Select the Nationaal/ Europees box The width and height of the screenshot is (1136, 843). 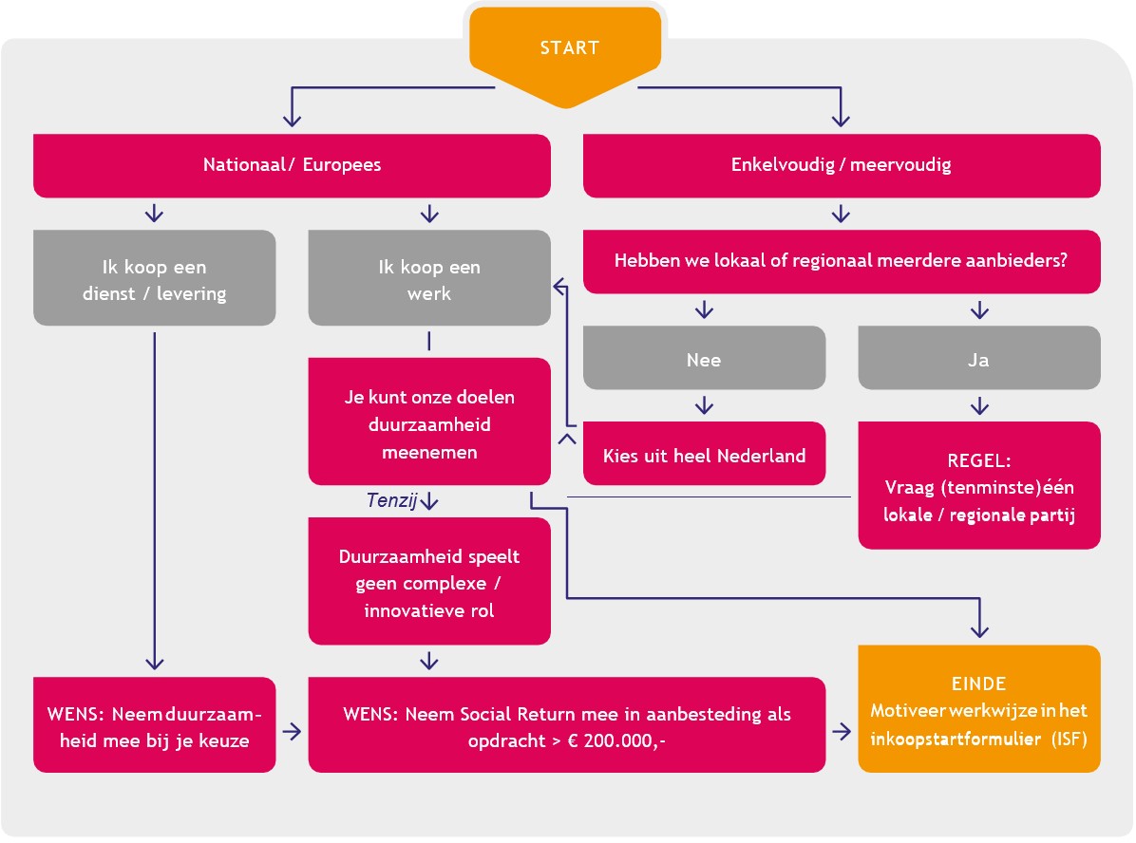pyautogui.click(x=292, y=165)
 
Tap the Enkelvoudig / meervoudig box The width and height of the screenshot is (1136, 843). pyautogui.click(x=841, y=165)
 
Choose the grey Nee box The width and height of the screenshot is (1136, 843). pyautogui.click(x=703, y=359)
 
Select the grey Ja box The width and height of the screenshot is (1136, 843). pyautogui.click(x=979, y=359)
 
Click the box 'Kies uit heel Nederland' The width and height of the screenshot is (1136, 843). pyautogui.click(x=704, y=455)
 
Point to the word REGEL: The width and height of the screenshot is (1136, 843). pyautogui.click(x=979, y=460)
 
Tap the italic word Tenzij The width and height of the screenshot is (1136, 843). pyautogui.click(x=391, y=501)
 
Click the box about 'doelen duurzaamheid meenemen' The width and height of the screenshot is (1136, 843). pyautogui.click(x=429, y=423)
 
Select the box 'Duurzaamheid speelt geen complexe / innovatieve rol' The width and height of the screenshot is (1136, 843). pyautogui.click(x=429, y=582)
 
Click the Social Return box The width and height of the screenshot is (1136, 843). pyautogui.click(x=566, y=726)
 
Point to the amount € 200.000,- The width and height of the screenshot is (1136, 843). pyautogui.click(x=617, y=740)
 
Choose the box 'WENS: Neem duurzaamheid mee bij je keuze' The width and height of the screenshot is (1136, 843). pyautogui.click(x=154, y=726)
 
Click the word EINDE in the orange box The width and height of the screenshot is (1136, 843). pyautogui.click(x=978, y=684)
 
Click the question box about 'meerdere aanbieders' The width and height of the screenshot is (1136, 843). pyautogui.click(x=841, y=260)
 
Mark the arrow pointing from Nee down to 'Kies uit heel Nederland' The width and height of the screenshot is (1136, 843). pyautogui.click(x=704, y=404)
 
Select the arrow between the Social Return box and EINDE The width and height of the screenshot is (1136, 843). pyautogui.click(x=842, y=732)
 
